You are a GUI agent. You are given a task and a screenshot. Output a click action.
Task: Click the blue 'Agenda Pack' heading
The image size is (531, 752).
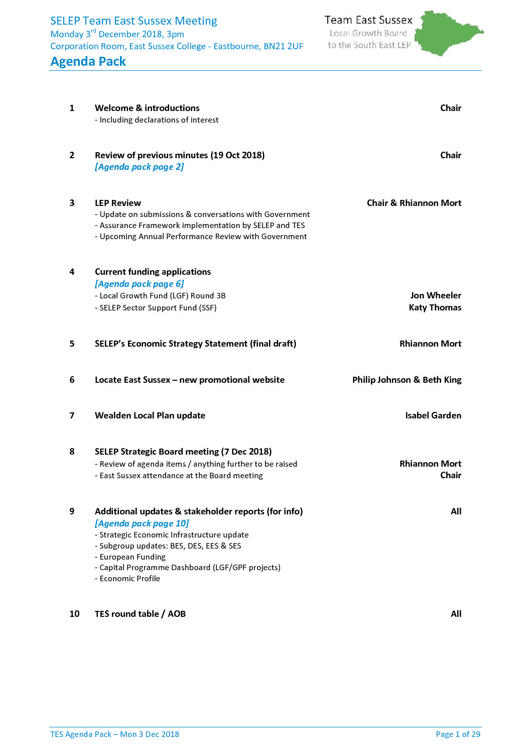[x=88, y=61]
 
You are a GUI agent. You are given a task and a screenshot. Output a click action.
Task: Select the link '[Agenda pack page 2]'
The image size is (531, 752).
[x=139, y=167]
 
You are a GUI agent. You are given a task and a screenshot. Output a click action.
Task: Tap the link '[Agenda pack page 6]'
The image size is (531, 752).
[x=139, y=284]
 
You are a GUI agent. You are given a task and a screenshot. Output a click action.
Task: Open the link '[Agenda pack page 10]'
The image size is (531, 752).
[x=142, y=523]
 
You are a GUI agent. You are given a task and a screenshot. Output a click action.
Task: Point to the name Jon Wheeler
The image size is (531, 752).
[x=435, y=295]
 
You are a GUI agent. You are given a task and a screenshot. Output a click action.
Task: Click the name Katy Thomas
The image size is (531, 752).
[x=435, y=307]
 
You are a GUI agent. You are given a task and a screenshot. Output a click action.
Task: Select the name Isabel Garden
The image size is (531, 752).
[x=433, y=415]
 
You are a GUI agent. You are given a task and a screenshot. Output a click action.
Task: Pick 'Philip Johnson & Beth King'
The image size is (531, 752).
[x=407, y=380]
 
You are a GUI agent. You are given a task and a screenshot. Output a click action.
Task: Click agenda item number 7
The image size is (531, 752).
[x=72, y=415]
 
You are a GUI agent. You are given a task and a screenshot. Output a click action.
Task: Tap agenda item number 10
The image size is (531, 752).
[x=74, y=614]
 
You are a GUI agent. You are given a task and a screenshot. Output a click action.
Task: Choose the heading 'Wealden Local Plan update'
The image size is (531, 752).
[x=150, y=415]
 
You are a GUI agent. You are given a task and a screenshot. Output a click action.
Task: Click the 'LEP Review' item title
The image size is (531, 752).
[x=118, y=203]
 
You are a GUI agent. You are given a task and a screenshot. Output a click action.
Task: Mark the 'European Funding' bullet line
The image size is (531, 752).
[x=132, y=557]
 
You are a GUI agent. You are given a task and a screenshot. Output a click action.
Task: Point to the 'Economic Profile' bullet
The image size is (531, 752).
[x=129, y=579]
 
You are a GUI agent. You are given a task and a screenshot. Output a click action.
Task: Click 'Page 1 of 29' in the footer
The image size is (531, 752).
[x=458, y=734]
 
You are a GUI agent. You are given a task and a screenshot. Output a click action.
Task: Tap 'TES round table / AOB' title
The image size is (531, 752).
[x=140, y=614]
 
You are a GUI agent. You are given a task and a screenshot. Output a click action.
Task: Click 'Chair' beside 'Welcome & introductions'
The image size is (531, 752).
[x=450, y=108]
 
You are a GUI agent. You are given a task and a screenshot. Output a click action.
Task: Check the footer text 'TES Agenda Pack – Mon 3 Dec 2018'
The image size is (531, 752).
[x=114, y=734]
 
